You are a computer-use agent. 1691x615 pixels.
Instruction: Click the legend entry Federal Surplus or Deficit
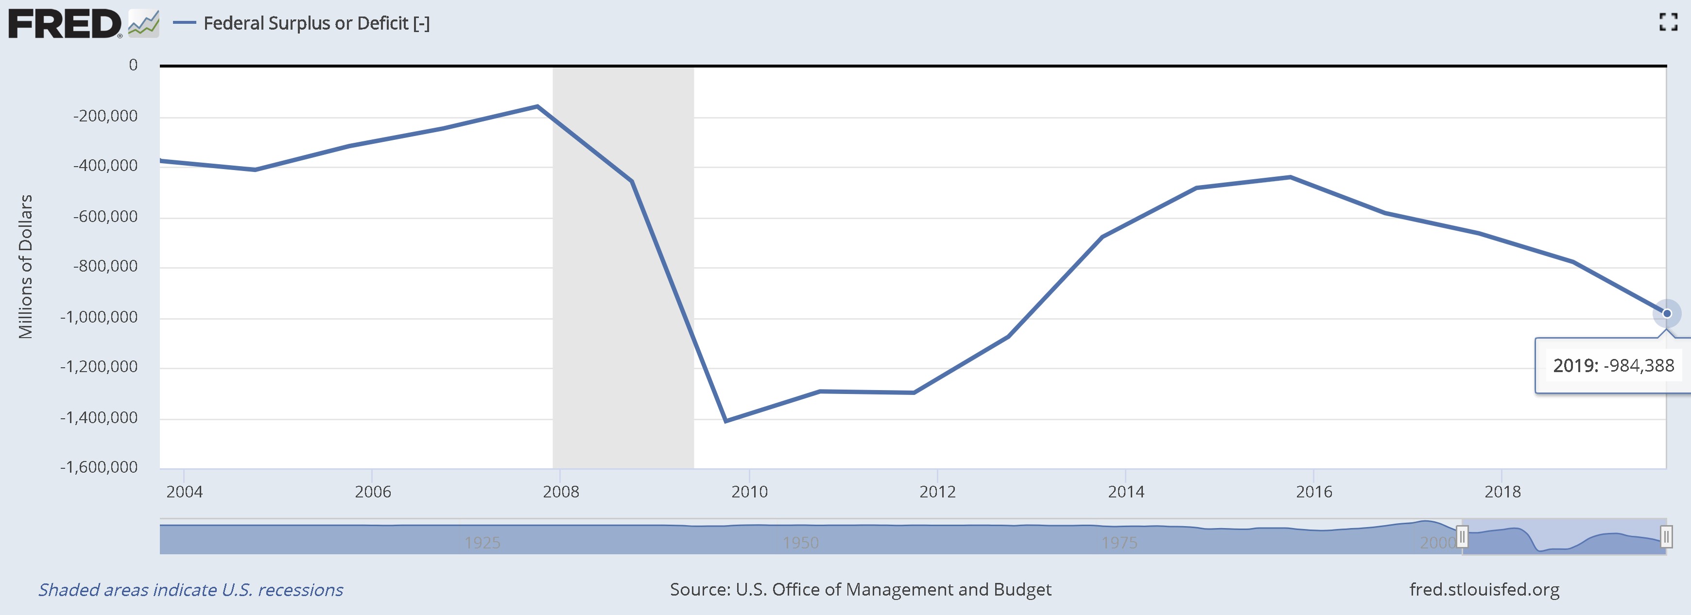tap(316, 24)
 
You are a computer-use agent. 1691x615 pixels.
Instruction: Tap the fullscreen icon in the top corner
tap(1668, 22)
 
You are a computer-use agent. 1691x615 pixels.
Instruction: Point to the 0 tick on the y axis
tap(133, 65)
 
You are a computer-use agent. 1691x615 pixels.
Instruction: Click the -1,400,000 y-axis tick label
tap(99, 417)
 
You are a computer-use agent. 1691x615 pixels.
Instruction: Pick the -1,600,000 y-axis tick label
tap(99, 467)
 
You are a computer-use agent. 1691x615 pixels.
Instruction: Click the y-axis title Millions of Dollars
tap(25, 267)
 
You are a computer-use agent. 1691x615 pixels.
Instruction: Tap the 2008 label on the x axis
tap(561, 492)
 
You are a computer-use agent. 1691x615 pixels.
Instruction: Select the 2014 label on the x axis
tap(1126, 492)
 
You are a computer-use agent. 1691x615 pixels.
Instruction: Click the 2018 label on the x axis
tap(1502, 492)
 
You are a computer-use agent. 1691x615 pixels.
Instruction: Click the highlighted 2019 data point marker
tap(1666, 314)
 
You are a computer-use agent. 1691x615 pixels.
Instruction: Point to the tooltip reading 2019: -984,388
tap(1613, 366)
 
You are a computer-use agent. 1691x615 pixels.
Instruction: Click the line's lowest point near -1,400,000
tap(725, 421)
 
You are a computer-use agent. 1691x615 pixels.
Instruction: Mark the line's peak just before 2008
tap(537, 106)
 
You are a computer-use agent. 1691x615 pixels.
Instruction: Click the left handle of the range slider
tap(1462, 536)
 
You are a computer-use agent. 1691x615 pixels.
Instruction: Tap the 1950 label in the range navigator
tap(800, 543)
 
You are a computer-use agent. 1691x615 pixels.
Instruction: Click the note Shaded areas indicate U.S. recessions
tap(190, 589)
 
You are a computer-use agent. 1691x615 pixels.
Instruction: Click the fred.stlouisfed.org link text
tap(1484, 589)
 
